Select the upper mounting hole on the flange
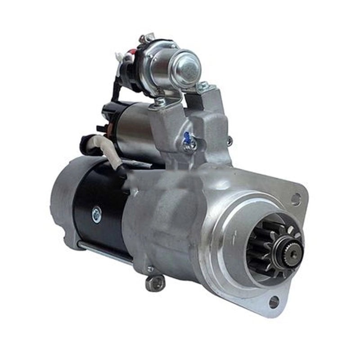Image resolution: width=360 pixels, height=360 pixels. click(x=296, y=198)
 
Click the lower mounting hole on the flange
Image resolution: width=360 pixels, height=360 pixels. click(x=274, y=302)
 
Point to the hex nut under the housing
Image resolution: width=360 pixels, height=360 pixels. click(x=155, y=283)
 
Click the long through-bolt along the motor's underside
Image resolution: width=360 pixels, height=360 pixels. click(x=103, y=252)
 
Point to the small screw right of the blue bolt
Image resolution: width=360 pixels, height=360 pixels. click(x=229, y=141)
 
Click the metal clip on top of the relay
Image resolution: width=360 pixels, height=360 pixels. click(x=146, y=38)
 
